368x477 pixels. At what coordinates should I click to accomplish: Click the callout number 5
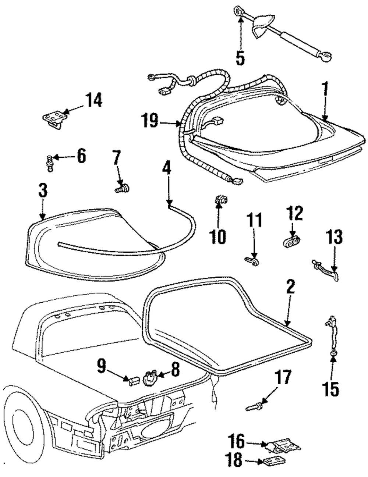tap(240, 58)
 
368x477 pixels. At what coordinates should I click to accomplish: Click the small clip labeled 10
tap(220, 200)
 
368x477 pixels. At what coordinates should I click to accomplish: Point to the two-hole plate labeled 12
tap(291, 243)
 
